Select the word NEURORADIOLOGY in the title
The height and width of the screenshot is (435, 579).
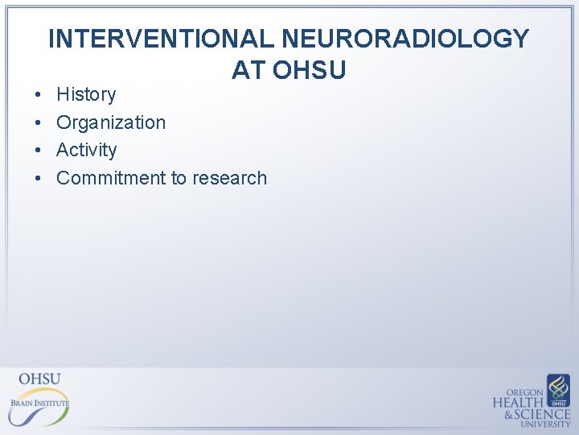[x=406, y=39]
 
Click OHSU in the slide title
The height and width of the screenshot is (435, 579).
[x=310, y=70]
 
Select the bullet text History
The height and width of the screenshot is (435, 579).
[x=86, y=95]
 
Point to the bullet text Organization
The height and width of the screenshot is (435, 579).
[x=111, y=122]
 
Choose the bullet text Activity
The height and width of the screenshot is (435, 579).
[x=86, y=150]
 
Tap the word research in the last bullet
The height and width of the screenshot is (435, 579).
[x=229, y=178]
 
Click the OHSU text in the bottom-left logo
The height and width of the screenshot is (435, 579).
[x=39, y=379]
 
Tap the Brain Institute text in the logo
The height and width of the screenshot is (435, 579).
[x=39, y=402]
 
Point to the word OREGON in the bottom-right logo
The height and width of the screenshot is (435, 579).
[x=525, y=391]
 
